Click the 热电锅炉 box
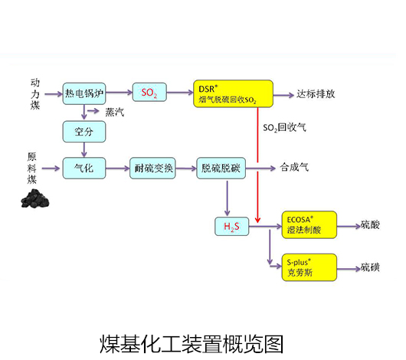84,93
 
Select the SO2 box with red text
149,92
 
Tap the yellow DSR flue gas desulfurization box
234,93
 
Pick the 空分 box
84,132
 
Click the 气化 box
84,168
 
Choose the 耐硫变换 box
152,168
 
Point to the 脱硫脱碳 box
221,168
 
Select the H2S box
232,227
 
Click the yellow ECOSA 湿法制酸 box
309,224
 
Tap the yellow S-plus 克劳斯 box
309,267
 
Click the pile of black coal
35,198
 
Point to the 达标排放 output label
316,94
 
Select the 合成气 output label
294,167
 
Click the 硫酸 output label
370,224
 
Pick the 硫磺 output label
370,267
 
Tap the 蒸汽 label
114,112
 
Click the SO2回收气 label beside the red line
284,127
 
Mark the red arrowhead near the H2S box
257,220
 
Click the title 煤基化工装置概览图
192,344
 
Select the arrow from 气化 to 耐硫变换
118,169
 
